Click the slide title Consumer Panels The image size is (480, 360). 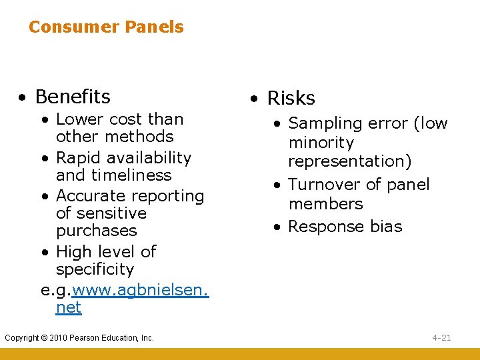[106, 27]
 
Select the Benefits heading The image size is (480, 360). [73, 97]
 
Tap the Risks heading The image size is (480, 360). [291, 99]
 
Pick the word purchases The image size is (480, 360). [96, 231]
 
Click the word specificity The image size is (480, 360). [95, 269]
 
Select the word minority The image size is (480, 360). [321, 143]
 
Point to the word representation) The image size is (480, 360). [350, 161]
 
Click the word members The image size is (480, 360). [325, 204]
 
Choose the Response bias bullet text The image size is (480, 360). [345, 227]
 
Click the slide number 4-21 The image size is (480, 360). [441, 338]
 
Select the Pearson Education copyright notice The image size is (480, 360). [79, 338]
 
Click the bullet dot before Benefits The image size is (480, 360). [23, 98]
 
